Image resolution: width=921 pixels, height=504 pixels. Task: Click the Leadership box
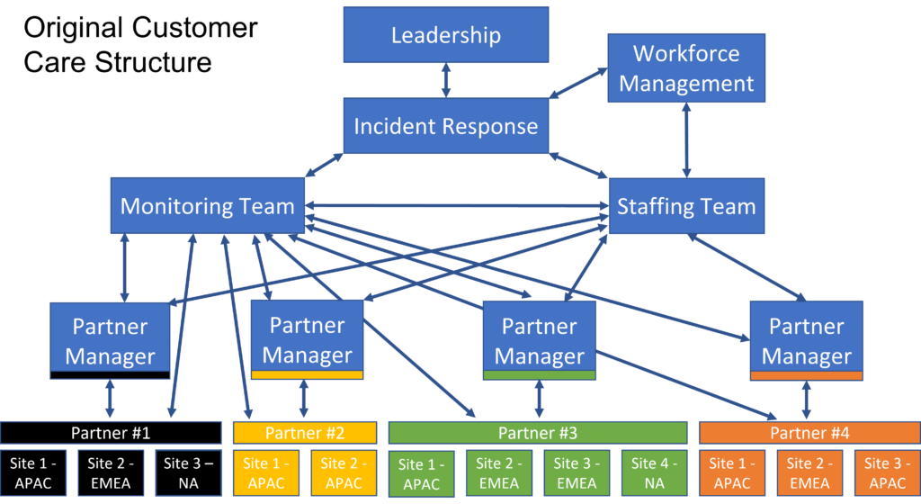446,36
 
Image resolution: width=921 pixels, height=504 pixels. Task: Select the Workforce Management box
686,67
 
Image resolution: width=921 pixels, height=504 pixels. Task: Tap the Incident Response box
446,126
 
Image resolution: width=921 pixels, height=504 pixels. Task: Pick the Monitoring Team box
207,206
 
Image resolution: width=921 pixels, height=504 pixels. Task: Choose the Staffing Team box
686,207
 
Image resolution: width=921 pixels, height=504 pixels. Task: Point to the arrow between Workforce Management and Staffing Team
686,139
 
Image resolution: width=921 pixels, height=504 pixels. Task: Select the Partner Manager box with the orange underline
806,340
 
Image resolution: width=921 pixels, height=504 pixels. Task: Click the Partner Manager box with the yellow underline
307,339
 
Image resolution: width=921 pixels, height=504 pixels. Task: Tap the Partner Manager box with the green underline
539,340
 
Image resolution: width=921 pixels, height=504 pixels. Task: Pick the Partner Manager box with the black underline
110,340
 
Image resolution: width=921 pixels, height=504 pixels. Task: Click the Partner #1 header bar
111,432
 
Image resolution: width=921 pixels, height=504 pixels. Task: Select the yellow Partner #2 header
304,432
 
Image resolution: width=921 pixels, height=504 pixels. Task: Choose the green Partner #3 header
538,432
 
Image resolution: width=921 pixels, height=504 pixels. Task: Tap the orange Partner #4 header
809,432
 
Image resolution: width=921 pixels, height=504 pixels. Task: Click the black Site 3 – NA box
188,473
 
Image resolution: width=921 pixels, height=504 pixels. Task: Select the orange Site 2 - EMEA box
809,473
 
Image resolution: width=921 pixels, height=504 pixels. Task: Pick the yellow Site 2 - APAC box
344,473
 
